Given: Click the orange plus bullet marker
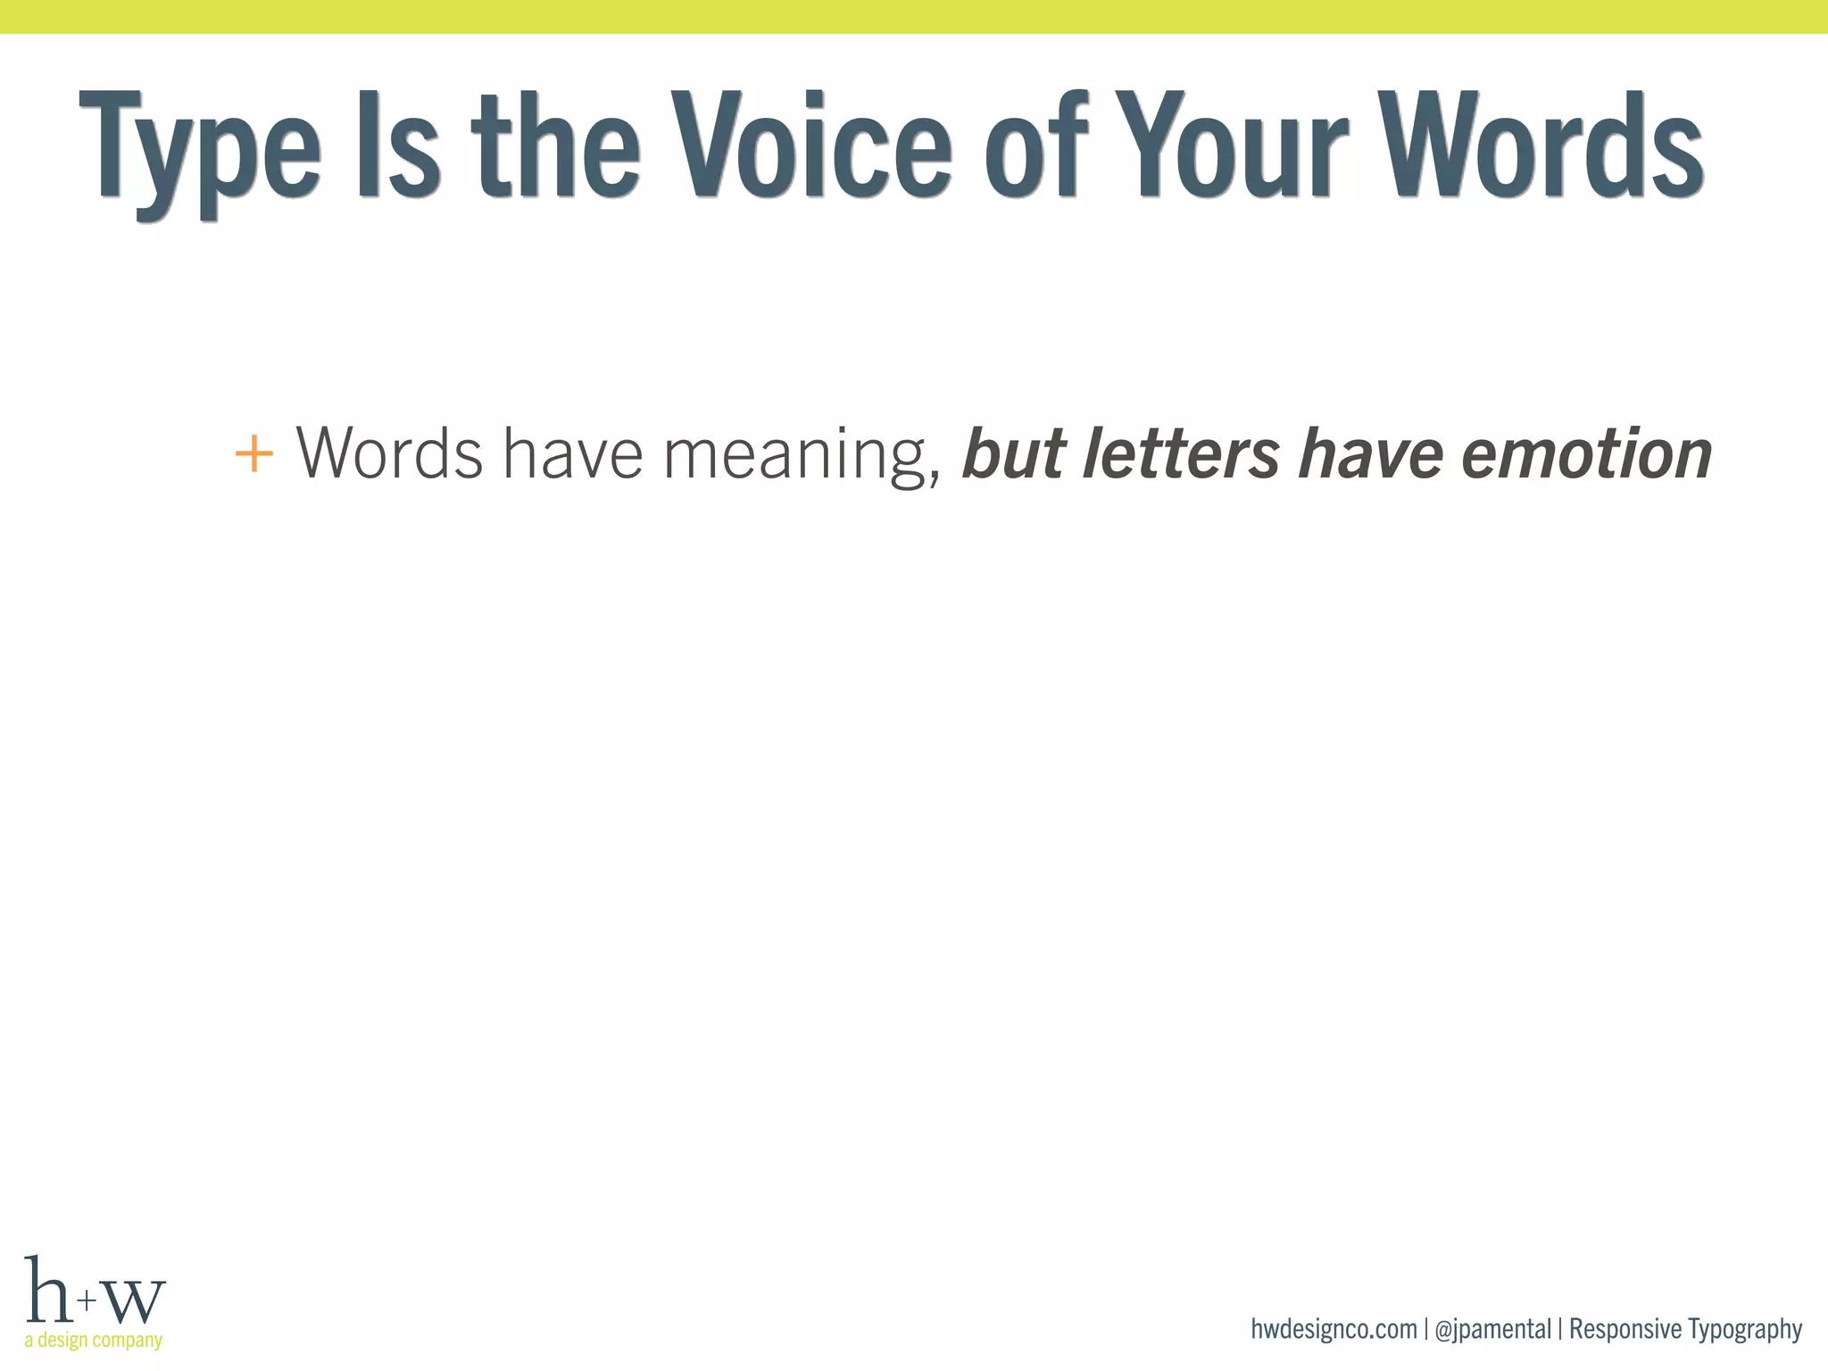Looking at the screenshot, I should point(253,454).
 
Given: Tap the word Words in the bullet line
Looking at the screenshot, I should point(389,453).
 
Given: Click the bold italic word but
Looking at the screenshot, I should point(1013,453).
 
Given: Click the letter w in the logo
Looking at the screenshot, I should point(135,1300).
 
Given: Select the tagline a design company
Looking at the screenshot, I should point(94,1340).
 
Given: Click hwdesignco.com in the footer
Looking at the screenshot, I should point(1334,1329).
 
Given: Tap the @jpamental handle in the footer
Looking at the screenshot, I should point(1492,1330).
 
